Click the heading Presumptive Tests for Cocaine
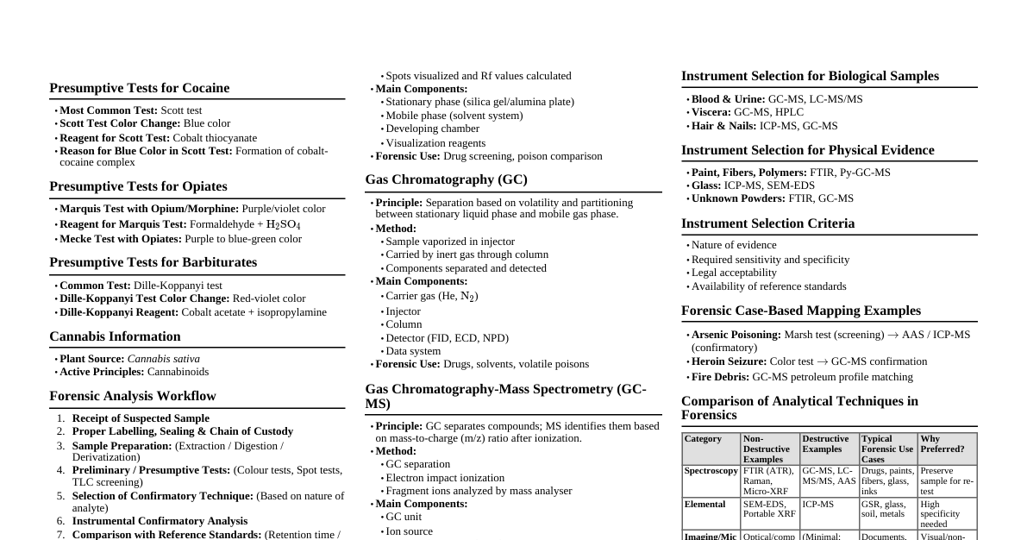(139, 88)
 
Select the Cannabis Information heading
(115, 336)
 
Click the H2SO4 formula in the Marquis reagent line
(284, 225)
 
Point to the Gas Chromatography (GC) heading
(446, 179)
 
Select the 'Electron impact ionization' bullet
(445, 478)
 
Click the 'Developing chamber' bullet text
(432, 129)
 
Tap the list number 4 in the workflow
(61, 470)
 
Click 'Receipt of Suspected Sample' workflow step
(141, 418)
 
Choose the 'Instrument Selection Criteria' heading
(767, 223)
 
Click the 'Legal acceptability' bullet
(734, 273)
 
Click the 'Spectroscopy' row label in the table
(711, 471)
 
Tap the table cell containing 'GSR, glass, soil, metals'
(887, 509)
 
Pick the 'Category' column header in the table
(703, 439)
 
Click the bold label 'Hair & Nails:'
(723, 126)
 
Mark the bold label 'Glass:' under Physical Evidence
(706, 185)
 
